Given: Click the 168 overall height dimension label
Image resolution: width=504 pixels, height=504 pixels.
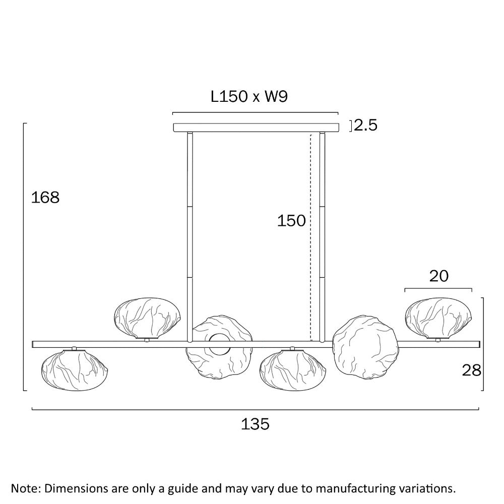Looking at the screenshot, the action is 45,198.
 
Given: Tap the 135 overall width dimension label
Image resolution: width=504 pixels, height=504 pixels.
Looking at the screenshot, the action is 255,424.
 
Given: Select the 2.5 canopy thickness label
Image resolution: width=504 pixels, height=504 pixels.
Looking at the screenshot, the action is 365,125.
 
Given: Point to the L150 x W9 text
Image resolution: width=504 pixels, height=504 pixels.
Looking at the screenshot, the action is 249,96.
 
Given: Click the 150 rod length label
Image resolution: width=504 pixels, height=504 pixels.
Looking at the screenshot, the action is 291,221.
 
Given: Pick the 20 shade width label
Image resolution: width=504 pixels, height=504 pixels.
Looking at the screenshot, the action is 439,276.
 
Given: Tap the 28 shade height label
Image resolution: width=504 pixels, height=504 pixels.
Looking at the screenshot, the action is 472,370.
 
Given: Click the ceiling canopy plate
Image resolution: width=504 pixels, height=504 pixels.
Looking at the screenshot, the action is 256,128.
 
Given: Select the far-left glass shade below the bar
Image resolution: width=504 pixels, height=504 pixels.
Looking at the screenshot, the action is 75,370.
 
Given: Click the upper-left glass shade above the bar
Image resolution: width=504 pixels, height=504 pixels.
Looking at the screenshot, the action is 148,318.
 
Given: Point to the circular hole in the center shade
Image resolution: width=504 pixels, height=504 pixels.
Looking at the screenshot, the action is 220,344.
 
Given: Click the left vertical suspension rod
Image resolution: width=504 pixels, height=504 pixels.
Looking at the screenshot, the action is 190,237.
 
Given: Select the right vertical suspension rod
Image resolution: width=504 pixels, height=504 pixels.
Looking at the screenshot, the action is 323,237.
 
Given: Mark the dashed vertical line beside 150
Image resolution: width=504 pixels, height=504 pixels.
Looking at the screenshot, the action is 311,237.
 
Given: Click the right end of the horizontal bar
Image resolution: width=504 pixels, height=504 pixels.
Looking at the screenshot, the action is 480,344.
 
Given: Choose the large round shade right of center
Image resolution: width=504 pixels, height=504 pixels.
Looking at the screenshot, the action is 365,347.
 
